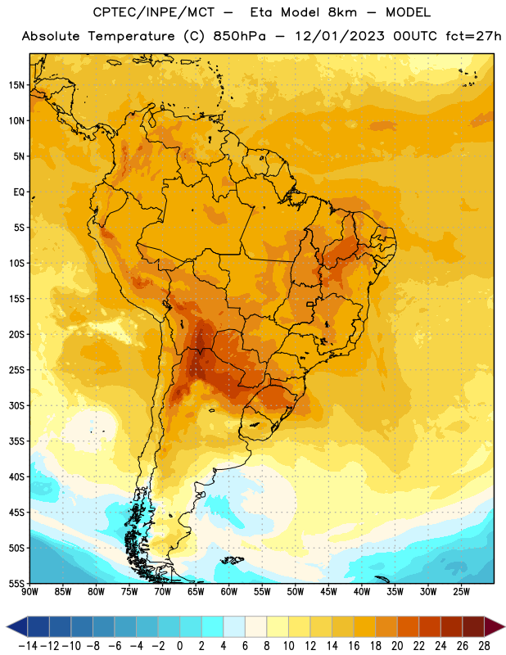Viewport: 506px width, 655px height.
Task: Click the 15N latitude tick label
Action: tap(16, 85)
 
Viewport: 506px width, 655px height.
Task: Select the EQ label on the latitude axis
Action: tap(19, 192)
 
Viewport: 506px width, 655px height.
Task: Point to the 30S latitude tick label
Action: tap(16, 405)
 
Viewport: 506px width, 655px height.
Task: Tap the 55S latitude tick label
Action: tap(16, 583)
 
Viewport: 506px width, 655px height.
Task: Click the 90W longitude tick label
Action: tap(29, 592)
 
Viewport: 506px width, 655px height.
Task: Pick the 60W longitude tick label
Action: tap(229, 592)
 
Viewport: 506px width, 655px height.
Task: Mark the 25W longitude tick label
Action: tap(461, 592)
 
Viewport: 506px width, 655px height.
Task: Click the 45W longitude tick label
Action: tap(328, 592)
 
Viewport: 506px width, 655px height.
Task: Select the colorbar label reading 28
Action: tap(484, 646)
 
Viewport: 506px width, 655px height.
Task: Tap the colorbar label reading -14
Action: tap(28, 646)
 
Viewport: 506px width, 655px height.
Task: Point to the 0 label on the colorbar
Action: tap(180, 646)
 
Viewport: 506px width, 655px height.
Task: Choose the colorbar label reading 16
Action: tap(354, 646)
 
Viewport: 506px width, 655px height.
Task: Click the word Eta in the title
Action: tap(261, 12)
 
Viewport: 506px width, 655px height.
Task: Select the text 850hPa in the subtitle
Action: tap(239, 36)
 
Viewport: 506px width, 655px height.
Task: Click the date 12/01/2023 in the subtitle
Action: tap(339, 36)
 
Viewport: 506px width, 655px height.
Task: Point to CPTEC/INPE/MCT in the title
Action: tap(153, 12)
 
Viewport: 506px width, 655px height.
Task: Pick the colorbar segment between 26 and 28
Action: tap(473, 626)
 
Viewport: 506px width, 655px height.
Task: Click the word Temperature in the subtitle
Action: tap(131, 36)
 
